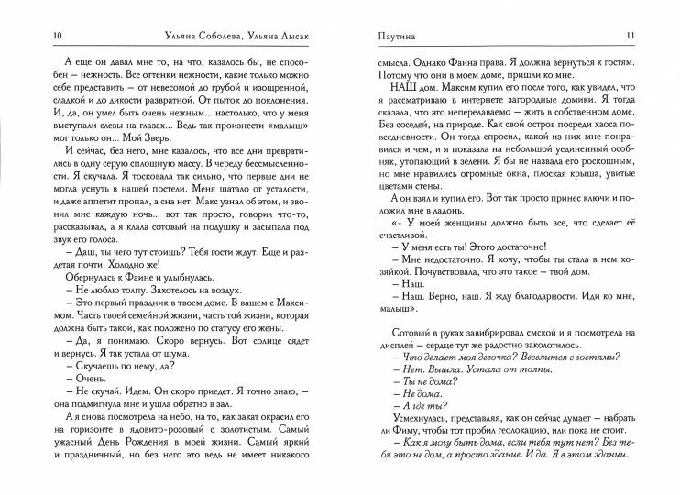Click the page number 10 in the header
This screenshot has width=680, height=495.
pyautogui.click(x=33, y=36)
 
